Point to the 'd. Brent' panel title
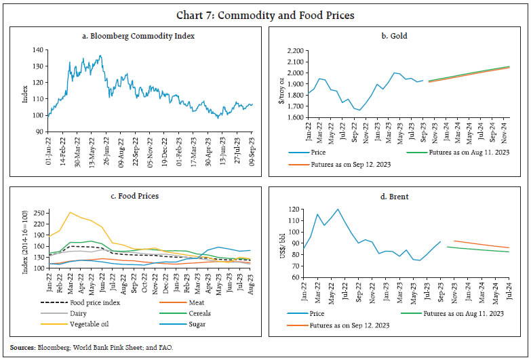pos(398,196)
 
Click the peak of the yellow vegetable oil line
pos(69,212)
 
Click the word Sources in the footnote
pos(26,348)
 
